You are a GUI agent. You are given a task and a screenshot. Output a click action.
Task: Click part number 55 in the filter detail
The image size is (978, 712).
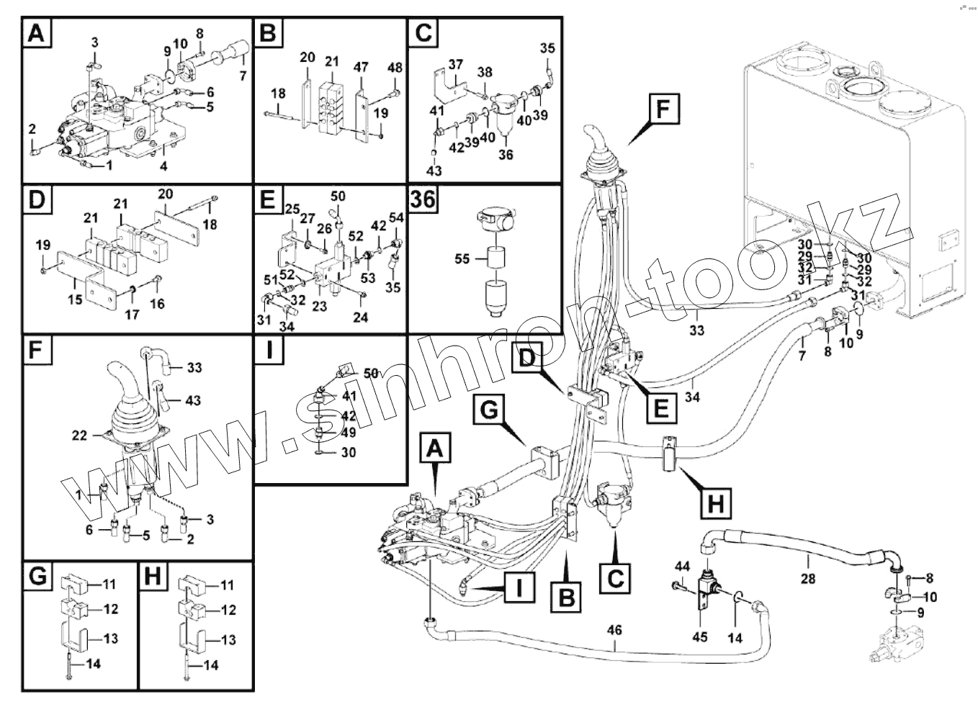tap(462, 258)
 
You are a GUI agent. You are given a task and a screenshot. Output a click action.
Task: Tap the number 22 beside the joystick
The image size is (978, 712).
tap(79, 436)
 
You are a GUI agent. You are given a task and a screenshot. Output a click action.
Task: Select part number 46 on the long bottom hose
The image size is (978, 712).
tap(614, 630)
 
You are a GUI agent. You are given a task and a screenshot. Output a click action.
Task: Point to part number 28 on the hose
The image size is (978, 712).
tap(808, 578)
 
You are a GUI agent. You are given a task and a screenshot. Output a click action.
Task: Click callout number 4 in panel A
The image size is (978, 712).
tap(163, 166)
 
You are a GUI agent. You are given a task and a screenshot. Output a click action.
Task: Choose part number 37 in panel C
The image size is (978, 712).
tap(455, 64)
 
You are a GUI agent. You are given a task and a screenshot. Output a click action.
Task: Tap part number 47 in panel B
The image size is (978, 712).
tap(361, 67)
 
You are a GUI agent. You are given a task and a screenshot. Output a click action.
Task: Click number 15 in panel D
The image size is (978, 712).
tap(75, 299)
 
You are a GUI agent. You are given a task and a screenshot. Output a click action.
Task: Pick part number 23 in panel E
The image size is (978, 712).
tap(320, 306)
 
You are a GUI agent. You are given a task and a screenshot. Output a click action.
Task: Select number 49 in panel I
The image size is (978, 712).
tap(349, 432)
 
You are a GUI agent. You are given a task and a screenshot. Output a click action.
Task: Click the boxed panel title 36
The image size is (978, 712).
tap(423, 199)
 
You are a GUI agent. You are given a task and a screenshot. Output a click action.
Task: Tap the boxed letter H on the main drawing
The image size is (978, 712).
tap(715, 505)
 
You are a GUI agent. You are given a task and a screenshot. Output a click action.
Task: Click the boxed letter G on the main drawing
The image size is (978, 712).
tap(488, 410)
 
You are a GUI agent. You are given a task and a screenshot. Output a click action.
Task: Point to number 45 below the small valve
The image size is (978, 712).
tap(700, 637)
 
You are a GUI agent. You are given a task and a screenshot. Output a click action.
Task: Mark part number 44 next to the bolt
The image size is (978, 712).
tap(683, 567)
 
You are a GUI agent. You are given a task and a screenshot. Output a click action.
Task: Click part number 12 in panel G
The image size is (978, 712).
tap(111, 609)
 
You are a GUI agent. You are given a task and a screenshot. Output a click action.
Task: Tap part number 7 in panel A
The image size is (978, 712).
tap(243, 76)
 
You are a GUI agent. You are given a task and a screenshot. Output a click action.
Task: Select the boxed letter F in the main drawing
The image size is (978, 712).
tap(664, 109)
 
